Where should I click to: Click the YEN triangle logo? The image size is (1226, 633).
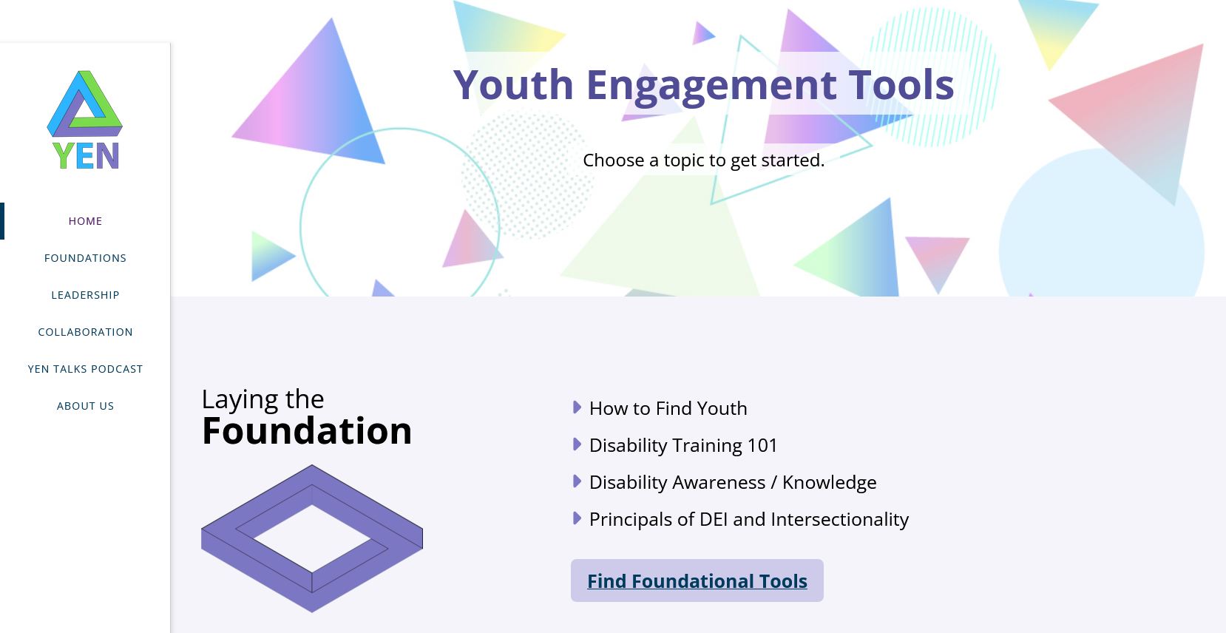pyautogui.click(x=85, y=119)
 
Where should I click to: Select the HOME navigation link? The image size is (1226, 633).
pyautogui.click(x=85, y=221)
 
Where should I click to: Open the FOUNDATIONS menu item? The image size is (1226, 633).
pyautogui.click(x=85, y=258)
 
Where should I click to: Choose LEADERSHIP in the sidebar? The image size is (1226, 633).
pyautogui.click(x=85, y=295)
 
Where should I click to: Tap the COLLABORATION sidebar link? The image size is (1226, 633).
pyautogui.click(x=85, y=332)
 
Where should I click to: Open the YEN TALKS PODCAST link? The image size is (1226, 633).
pyautogui.click(x=85, y=369)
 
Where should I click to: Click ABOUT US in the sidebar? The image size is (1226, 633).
pyautogui.click(x=85, y=406)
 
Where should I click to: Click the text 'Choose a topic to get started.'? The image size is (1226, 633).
pyautogui.click(x=703, y=160)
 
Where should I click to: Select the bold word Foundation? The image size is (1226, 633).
pyautogui.click(x=306, y=430)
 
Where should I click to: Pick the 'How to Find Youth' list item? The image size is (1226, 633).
pyautogui.click(x=668, y=408)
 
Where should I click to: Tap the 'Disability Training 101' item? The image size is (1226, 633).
pyautogui.click(x=683, y=445)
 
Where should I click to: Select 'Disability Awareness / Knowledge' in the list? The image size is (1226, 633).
pyautogui.click(x=733, y=482)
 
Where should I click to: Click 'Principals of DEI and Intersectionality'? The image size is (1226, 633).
pyautogui.click(x=749, y=519)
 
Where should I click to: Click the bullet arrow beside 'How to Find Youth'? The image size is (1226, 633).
pyautogui.click(x=577, y=407)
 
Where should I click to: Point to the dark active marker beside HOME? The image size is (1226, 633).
pyautogui.click(x=2, y=221)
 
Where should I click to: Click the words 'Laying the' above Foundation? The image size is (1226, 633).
pyautogui.click(x=263, y=399)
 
